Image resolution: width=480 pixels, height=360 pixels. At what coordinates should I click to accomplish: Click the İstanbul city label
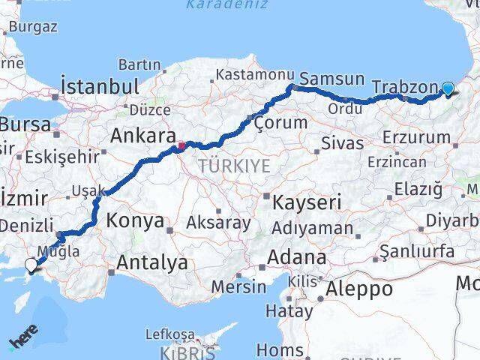click(100, 85)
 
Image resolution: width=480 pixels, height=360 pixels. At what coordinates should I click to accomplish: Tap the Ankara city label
click(142, 136)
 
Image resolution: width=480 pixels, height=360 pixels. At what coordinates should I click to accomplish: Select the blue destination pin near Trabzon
click(448, 88)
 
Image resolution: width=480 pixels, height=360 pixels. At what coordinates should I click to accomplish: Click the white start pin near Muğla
click(31, 265)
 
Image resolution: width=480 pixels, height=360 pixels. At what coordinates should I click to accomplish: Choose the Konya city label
click(135, 220)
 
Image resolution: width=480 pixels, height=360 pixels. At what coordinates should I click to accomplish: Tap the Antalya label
click(151, 262)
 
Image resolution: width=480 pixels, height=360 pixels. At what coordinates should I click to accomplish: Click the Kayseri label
click(307, 202)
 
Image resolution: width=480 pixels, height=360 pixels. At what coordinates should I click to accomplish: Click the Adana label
click(298, 257)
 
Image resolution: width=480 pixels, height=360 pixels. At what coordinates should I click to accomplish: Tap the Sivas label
click(337, 142)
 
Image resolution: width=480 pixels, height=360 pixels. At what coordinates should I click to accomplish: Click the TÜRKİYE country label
click(235, 165)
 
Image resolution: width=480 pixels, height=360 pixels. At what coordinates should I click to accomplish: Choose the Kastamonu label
click(253, 75)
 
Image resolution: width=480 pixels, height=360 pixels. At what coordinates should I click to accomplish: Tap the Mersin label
click(238, 286)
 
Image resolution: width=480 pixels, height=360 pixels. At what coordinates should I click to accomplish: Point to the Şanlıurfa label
click(418, 251)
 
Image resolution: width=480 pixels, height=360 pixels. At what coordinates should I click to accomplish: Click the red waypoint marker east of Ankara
click(181, 143)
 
